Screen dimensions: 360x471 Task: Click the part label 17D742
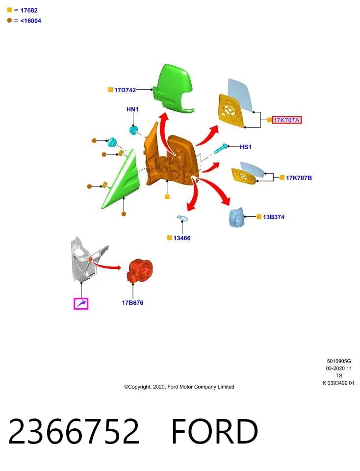point(125,90)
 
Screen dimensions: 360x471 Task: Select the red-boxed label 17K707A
point(287,120)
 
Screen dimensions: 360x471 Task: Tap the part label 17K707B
point(299,178)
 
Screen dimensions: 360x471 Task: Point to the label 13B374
point(274,217)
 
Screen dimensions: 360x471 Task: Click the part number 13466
point(182,238)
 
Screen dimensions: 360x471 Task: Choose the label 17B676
point(132,303)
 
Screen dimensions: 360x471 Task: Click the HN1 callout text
point(132,109)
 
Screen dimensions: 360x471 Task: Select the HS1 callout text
point(246,147)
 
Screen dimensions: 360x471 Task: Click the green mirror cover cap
point(173,89)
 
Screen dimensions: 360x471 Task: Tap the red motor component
point(140,271)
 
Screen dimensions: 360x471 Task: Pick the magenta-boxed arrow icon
point(81,304)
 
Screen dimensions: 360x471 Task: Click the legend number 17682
point(29,10)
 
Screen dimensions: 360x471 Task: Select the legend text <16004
point(30,21)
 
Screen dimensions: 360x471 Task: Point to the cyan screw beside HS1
point(221,148)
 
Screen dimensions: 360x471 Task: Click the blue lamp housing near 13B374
point(236,216)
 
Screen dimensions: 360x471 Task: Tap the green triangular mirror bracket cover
point(122,180)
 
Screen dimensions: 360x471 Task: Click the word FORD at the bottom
point(214,431)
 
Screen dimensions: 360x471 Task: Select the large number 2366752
point(74,431)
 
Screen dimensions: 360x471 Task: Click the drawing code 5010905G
point(339,361)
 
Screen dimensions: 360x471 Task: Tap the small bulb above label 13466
point(182,218)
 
